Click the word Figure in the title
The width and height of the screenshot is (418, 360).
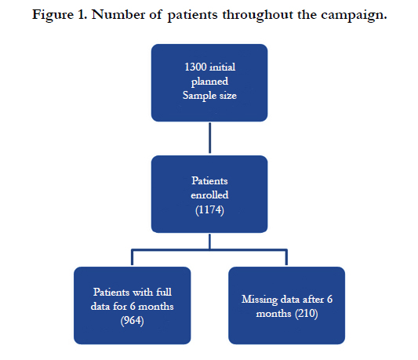(x=53, y=16)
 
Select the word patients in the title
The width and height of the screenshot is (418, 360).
(x=192, y=16)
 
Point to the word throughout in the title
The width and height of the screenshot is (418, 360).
(x=257, y=16)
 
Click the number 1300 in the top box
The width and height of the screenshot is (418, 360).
(x=195, y=67)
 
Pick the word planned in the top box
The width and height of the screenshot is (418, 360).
(x=209, y=82)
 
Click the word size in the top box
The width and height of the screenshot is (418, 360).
(x=228, y=96)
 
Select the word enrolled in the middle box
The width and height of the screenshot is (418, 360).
(x=209, y=195)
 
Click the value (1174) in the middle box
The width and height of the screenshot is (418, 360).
(x=209, y=210)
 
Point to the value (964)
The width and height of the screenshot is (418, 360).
(x=132, y=321)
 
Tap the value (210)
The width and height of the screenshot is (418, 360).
(x=307, y=314)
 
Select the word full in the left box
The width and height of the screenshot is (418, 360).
(x=164, y=292)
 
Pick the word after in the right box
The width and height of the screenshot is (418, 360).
(x=313, y=300)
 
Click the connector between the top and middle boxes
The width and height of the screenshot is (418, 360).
(x=210, y=138)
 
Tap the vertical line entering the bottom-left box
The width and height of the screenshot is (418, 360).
(x=132, y=257)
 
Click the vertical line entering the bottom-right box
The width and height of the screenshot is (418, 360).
(x=286, y=257)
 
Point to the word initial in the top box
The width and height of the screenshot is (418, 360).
(x=223, y=67)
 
